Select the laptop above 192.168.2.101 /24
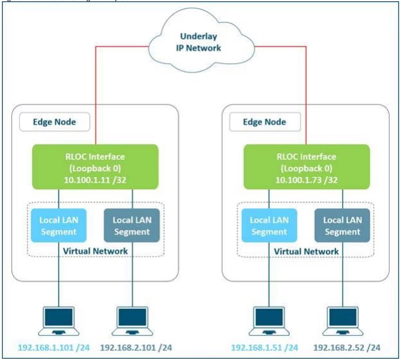click(134, 320)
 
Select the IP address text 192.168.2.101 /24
click(137, 348)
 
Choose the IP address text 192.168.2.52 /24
click(346, 348)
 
